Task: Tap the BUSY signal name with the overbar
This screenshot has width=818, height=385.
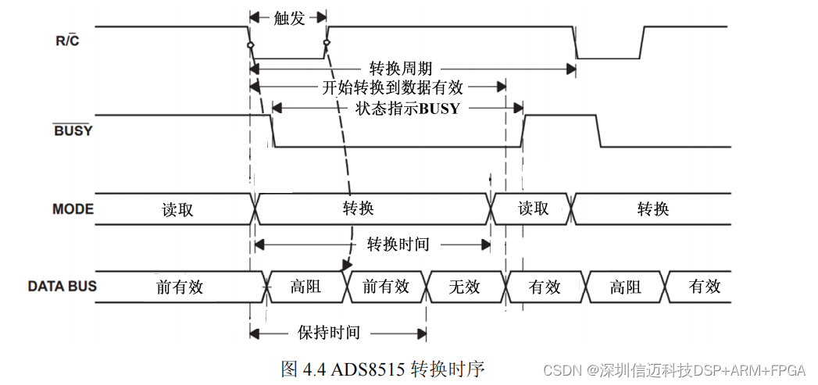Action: [x=73, y=130]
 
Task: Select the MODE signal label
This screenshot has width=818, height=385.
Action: [x=73, y=209]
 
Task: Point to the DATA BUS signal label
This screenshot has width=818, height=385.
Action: [x=63, y=286]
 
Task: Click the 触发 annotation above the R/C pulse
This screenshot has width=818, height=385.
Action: [x=289, y=18]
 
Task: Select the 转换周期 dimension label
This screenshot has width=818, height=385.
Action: [x=401, y=69]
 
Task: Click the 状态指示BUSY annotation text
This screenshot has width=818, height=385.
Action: [x=407, y=109]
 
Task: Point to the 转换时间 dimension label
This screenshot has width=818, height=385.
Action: [x=398, y=244]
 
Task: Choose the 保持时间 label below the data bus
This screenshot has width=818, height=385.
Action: [x=329, y=333]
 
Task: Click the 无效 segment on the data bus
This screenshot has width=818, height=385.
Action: [x=464, y=287]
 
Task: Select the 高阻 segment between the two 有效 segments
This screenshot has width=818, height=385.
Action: [x=625, y=287]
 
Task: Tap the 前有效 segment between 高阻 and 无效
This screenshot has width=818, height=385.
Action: [x=386, y=287]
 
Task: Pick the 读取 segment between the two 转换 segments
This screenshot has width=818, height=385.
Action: [x=534, y=209]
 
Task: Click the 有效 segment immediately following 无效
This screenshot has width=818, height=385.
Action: [x=545, y=287]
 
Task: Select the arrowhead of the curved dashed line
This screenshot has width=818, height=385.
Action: [x=345, y=266]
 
